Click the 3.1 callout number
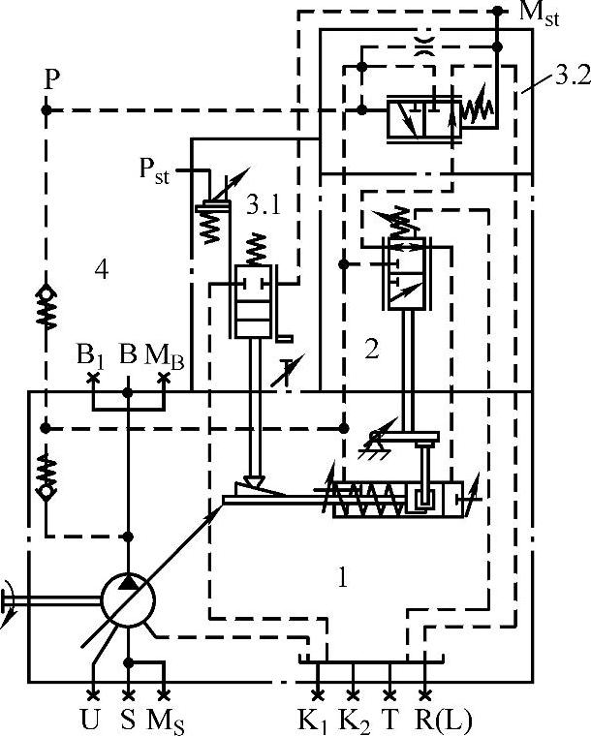264,204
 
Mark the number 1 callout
340,578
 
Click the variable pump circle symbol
130,597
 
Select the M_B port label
163,355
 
